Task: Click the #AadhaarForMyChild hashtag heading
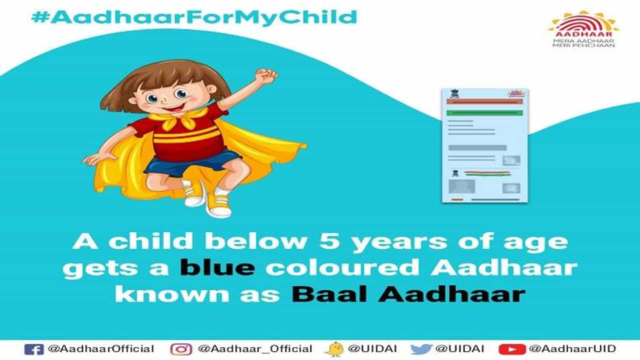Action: point(194,17)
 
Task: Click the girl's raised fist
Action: point(265,75)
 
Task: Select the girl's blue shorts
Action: point(192,162)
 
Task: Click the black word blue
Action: point(217,267)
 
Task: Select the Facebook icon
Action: point(34,349)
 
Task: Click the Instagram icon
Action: point(181,349)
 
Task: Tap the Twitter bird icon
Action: point(421,349)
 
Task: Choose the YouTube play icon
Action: point(512,349)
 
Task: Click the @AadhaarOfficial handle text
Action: point(101,349)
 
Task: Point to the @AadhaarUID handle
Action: point(572,349)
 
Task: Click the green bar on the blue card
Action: point(484,113)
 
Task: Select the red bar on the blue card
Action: point(484,101)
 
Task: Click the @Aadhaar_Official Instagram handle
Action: point(255,349)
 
